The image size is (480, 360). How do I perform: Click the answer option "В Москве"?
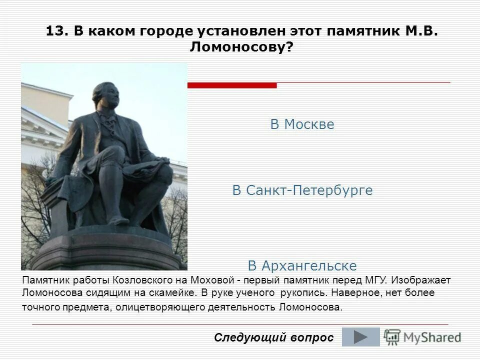tap(302, 124)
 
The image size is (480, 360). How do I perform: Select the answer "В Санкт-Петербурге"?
tap(302, 190)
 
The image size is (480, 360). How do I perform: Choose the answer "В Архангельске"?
tap(302, 265)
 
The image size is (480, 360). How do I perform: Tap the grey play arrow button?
tap(360, 337)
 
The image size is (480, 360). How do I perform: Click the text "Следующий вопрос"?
tap(273, 337)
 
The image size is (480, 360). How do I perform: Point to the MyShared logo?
tap(422, 337)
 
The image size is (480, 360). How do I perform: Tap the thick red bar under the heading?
tap(231, 85)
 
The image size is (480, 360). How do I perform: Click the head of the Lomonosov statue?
tap(106, 95)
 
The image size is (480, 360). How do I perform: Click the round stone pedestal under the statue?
tap(105, 250)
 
